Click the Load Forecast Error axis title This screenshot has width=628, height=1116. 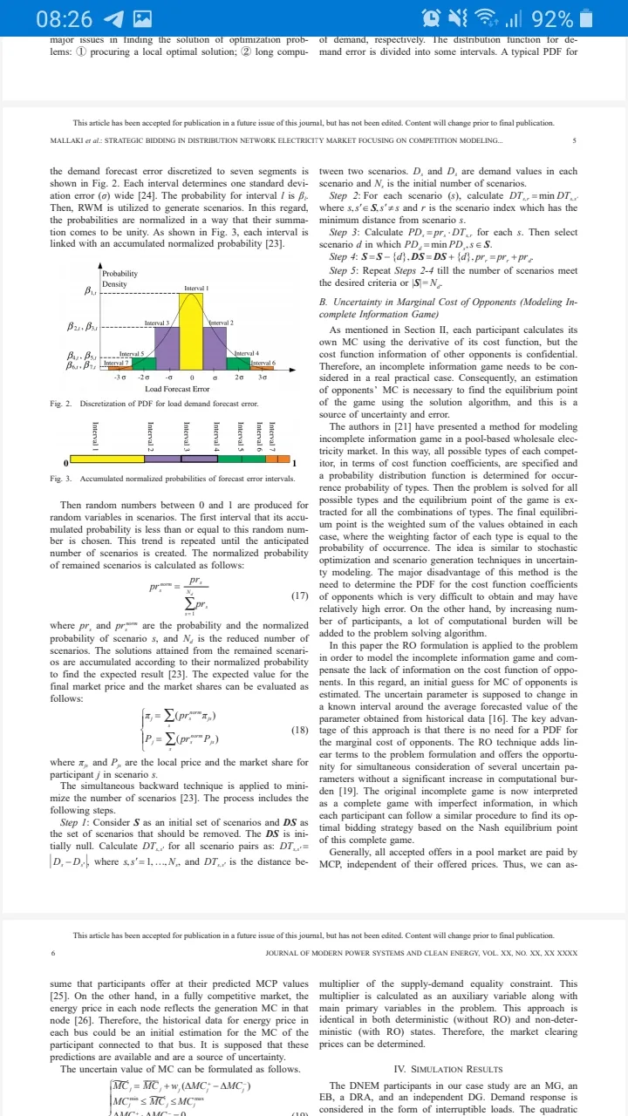[177, 388]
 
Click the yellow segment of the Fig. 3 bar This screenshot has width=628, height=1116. [106, 459]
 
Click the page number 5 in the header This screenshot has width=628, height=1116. [574, 140]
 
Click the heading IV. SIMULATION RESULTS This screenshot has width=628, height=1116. [448, 1068]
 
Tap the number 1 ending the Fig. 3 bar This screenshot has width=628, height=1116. [295, 463]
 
